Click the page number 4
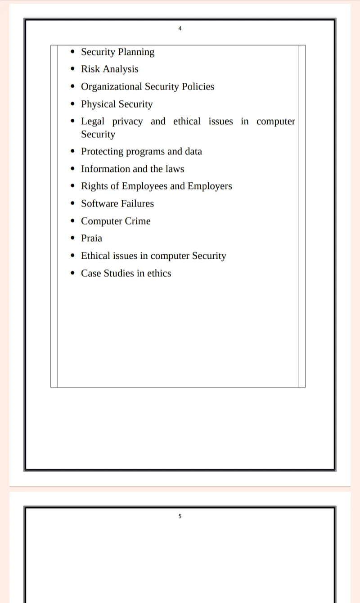pos(180,28)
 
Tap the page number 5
pos(180,516)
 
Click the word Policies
pos(198,87)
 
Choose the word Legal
pos(93,121)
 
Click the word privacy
pos(127,121)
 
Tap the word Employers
pos(210,186)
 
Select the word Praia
pos(92,238)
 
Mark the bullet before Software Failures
pos(73,204)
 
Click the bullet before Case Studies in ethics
pos(73,274)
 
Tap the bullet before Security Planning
pos(73,52)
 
